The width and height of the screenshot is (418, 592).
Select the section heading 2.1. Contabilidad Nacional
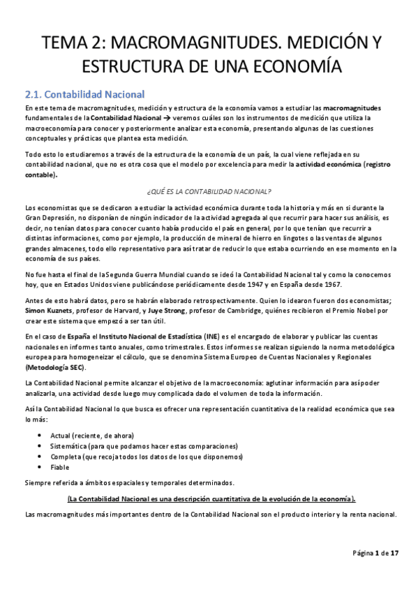pos(84,94)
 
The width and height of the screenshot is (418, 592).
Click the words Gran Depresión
pos(47,218)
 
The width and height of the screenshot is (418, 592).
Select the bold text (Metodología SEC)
pos(55,367)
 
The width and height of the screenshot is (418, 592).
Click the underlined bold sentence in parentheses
pos(211,498)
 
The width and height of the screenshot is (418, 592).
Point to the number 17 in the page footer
pos(394,553)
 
